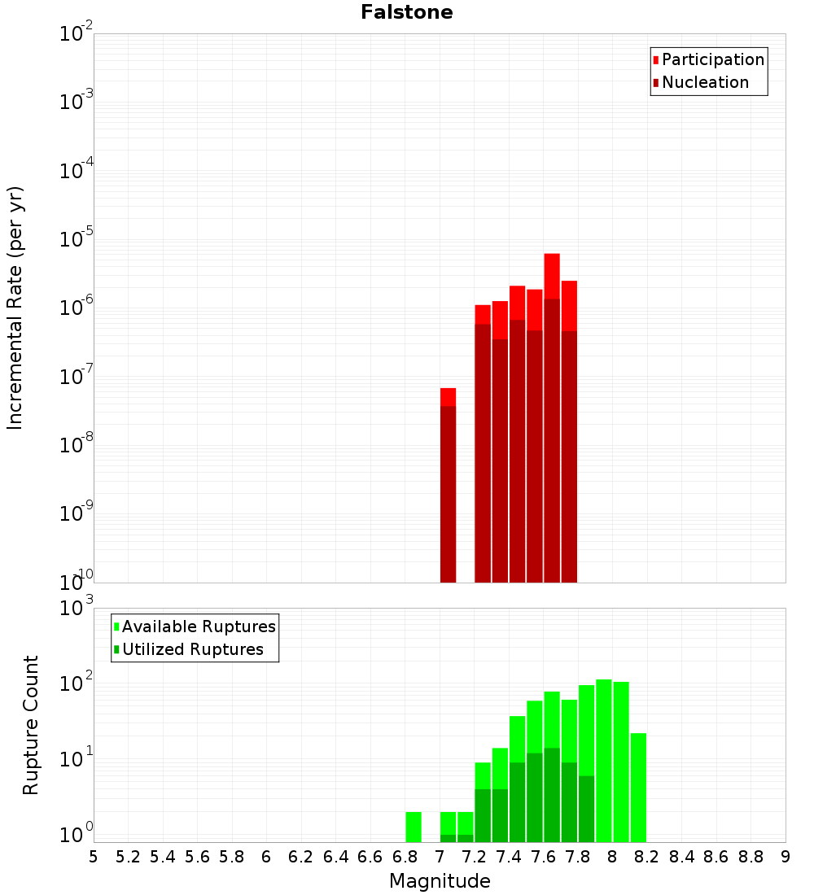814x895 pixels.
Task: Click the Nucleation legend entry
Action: click(x=705, y=82)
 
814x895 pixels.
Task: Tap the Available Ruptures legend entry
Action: click(x=199, y=626)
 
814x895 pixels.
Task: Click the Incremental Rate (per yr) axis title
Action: click(x=15, y=308)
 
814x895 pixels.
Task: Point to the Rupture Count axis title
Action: click(x=31, y=725)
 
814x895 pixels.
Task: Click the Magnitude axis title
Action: click(x=440, y=881)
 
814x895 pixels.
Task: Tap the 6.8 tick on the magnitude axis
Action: click(x=405, y=857)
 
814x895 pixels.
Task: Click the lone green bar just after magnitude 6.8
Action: click(x=414, y=827)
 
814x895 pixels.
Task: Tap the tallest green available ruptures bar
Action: click(x=604, y=761)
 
